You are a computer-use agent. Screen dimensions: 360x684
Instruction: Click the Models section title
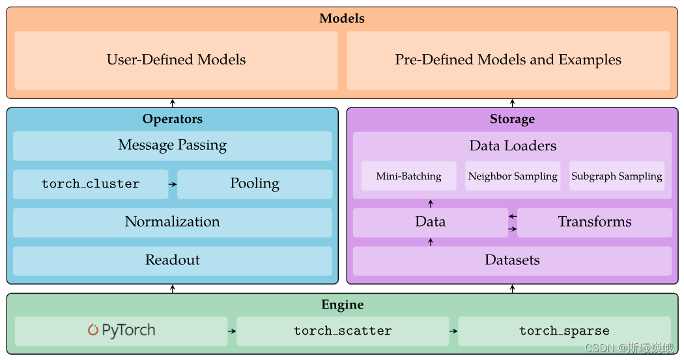pyautogui.click(x=341, y=18)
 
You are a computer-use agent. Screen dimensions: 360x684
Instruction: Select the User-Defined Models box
pyautogui.click(x=176, y=60)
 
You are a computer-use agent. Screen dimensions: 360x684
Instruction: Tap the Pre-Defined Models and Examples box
pyautogui.click(x=508, y=60)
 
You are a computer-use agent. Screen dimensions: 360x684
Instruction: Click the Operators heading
pyautogui.click(x=172, y=119)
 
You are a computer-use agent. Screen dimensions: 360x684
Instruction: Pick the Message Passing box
pyautogui.click(x=172, y=145)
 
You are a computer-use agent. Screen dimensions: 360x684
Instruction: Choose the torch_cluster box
pyautogui.click(x=91, y=184)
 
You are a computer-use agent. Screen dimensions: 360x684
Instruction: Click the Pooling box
pyautogui.click(x=254, y=184)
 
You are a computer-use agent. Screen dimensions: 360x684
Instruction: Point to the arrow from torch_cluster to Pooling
pyautogui.click(x=173, y=184)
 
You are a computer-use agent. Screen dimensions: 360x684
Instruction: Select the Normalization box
pyautogui.click(x=172, y=222)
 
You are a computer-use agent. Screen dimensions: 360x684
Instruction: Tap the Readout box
pyautogui.click(x=172, y=260)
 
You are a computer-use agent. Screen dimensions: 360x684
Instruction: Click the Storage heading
pyautogui.click(x=512, y=119)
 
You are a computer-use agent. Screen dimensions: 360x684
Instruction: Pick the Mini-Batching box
pyautogui.click(x=408, y=176)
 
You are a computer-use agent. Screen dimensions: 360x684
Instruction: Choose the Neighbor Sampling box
pyautogui.click(x=513, y=176)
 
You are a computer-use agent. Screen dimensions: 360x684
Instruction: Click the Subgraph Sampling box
pyautogui.click(x=616, y=176)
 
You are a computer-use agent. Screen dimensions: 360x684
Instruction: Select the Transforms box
pyautogui.click(x=594, y=222)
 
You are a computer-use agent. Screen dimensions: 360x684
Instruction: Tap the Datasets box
pyautogui.click(x=512, y=260)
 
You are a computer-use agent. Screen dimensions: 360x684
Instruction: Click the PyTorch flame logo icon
pyautogui.click(x=93, y=330)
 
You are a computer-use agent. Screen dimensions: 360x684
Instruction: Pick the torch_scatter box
pyautogui.click(x=343, y=331)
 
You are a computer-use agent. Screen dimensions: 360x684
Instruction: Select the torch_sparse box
pyautogui.click(x=564, y=331)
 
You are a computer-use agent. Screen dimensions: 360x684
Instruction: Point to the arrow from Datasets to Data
pyautogui.click(x=430, y=242)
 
